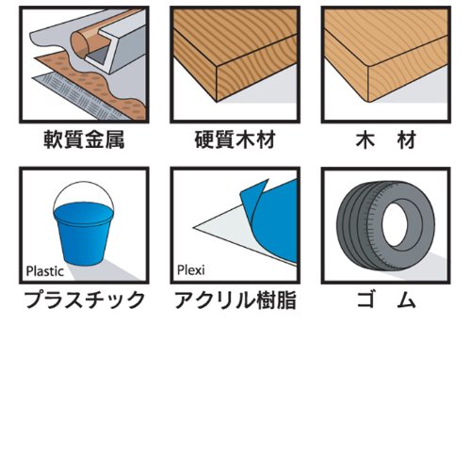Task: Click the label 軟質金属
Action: [x=84, y=139]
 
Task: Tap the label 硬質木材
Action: [x=235, y=139]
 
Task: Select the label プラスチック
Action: [x=84, y=300]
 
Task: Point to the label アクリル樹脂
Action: [x=235, y=300]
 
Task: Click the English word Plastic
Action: [x=45, y=271]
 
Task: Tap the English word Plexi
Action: [x=191, y=270]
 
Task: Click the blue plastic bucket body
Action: [x=83, y=233]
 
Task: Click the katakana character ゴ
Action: [x=366, y=300]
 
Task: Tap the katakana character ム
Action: [x=406, y=300]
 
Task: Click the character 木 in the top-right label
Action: [x=365, y=140]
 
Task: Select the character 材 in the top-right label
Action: [x=407, y=140]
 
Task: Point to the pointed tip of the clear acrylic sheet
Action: [x=193, y=227]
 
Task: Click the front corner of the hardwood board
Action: [x=217, y=67]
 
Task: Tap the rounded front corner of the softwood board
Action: [x=368, y=66]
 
